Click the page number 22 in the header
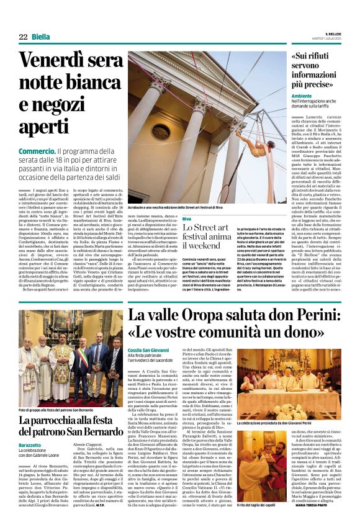point(23,37)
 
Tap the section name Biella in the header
point(42,37)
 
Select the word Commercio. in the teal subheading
point(37,151)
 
